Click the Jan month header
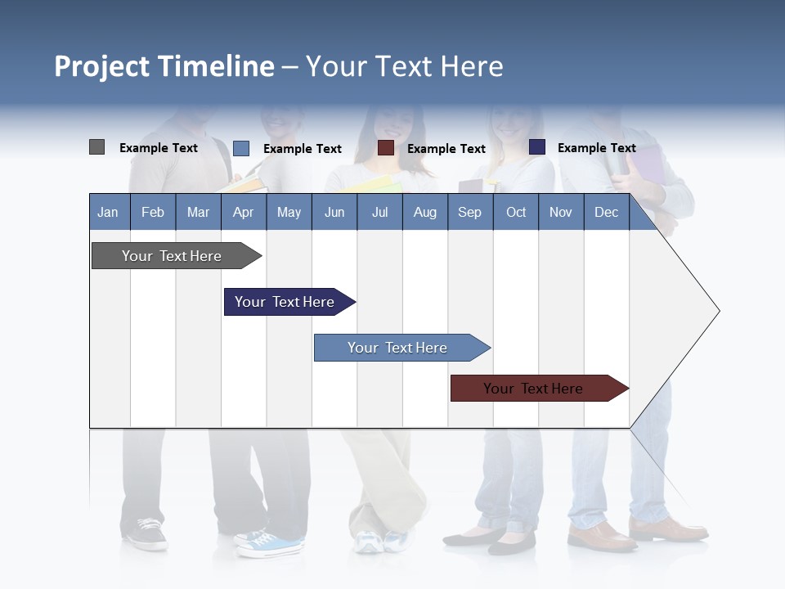click(x=108, y=212)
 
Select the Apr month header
click(x=243, y=212)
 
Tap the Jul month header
click(x=379, y=212)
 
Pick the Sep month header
click(x=469, y=212)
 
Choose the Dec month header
click(x=606, y=212)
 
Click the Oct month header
click(x=515, y=212)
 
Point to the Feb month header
click(x=153, y=212)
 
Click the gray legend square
click(x=97, y=147)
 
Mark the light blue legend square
click(x=241, y=148)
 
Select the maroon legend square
click(x=386, y=148)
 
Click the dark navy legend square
click(x=537, y=147)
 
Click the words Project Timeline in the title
click(x=164, y=66)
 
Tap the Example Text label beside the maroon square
click(x=446, y=149)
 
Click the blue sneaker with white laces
click(x=270, y=543)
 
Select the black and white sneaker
click(x=146, y=534)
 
